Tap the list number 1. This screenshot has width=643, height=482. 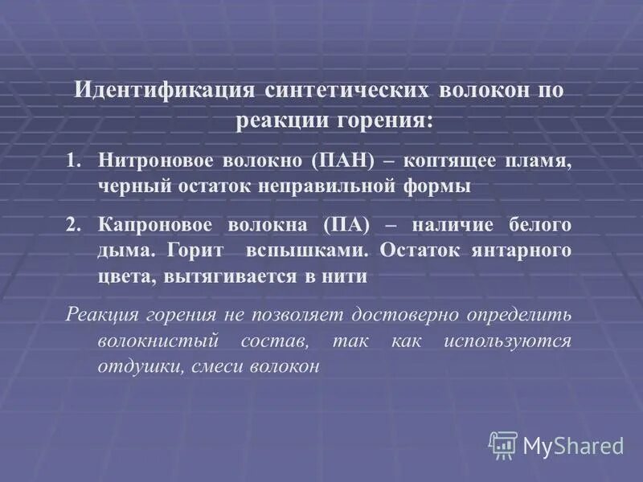point(73,159)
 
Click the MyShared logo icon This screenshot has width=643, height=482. point(503,444)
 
